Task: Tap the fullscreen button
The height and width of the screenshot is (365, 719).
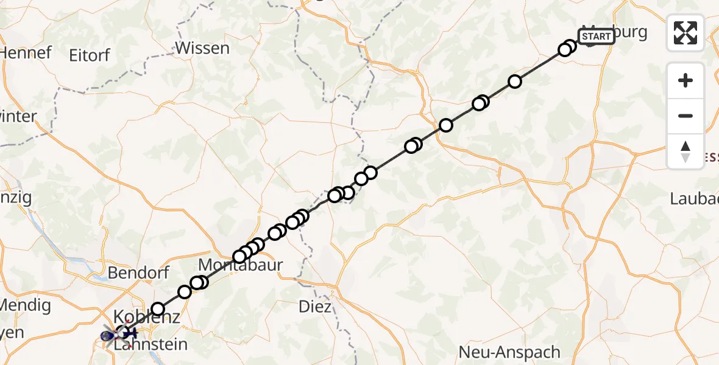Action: [685, 32]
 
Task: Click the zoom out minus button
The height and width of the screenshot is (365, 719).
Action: [685, 116]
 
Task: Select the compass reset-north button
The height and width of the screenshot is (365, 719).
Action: [685, 151]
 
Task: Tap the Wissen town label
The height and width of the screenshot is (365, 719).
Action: [202, 48]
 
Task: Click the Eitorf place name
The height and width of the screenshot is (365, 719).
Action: [89, 55]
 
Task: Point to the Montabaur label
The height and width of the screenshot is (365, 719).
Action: [241, 266]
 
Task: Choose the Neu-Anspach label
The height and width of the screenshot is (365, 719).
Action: [509, 352]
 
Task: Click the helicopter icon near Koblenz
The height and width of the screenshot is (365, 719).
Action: [119, 334]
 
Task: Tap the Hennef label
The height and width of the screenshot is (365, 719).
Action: [24, 53]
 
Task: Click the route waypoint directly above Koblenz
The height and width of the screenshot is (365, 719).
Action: [158, 309]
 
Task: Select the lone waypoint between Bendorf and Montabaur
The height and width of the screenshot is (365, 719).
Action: [185, 292]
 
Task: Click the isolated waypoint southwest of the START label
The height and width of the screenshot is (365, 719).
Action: [515, 82]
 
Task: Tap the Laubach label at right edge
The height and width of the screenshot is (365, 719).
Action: [695, 198]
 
